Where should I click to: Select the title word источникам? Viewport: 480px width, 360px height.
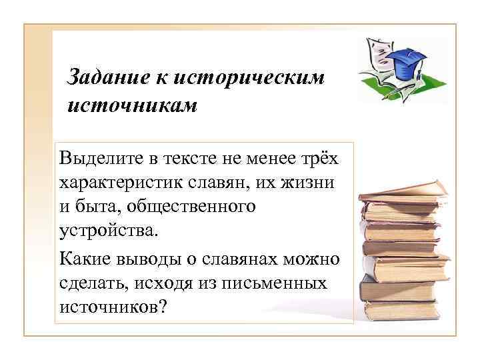click(x=133, y=105)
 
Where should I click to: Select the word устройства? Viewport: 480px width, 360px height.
click(x=108, y=232)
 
